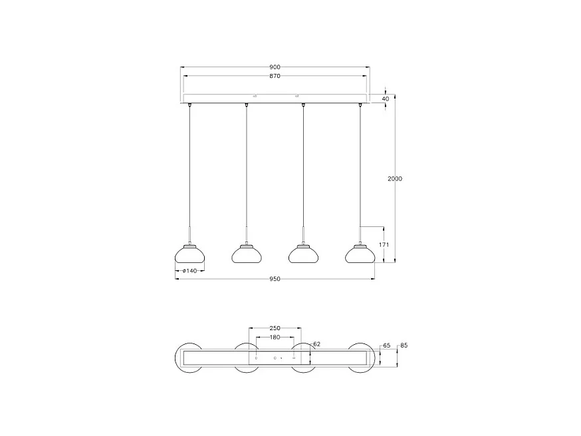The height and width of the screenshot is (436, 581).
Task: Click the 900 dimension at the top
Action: click(x=275, y=67)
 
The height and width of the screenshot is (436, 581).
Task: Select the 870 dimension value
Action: click(x=275, y=76)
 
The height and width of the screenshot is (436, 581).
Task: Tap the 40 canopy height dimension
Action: click(x=386, y=99)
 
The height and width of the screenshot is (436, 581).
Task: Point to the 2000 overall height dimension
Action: click(x=395, y=178)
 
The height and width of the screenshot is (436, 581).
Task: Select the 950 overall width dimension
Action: click(x=275, y=279)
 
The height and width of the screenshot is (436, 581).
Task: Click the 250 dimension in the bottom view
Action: click(x=275, y=328)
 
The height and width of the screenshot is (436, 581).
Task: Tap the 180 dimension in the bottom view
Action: click(x=275, y=337)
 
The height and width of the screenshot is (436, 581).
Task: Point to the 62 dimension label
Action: click(x=316, y=344)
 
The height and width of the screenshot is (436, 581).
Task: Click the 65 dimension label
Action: click(x=386, y=346)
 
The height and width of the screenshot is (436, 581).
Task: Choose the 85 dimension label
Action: click(x=403, y=346)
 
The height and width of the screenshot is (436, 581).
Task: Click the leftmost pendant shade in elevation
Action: click(x=189, y=254)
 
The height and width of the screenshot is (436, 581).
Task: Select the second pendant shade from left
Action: click(x=247, y=254)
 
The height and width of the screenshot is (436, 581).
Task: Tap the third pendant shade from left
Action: click(x=303, y=254)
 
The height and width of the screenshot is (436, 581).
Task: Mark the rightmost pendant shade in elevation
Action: click(x=360, y=254)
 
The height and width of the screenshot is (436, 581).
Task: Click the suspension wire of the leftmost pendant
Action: click(x=190, y=166)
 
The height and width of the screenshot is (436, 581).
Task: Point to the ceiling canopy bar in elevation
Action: click(x=275, y=101)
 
